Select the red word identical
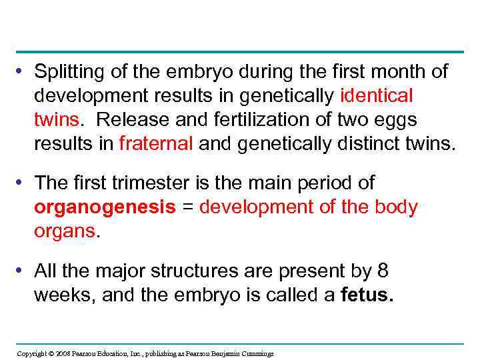pos(377,95)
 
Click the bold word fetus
pos(367,295)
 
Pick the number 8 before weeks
pos(382,271)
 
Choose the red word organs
pos(65,231)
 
